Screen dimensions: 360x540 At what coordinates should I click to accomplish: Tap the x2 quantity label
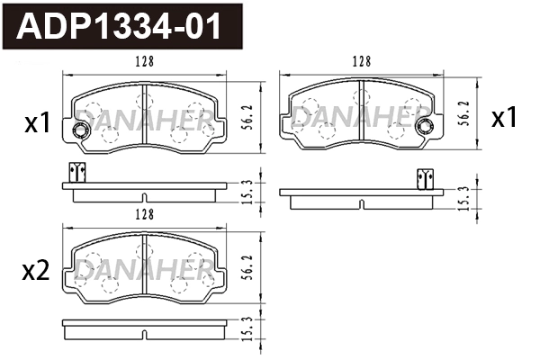pos(37,273)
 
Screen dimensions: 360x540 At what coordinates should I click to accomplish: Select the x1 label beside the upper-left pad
pos(37,124)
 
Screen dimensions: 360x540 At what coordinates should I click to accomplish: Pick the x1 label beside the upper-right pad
pos(504,118)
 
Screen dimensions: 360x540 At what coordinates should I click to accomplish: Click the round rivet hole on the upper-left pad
pos(79,133)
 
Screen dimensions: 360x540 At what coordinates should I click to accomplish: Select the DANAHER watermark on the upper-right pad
pos(360,115)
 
